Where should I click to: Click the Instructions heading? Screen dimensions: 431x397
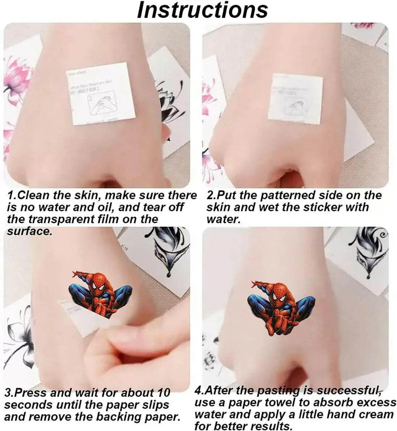(202, 10)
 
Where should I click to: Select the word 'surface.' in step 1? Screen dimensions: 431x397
(30, 231)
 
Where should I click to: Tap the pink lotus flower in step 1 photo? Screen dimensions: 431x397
(16, 78)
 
